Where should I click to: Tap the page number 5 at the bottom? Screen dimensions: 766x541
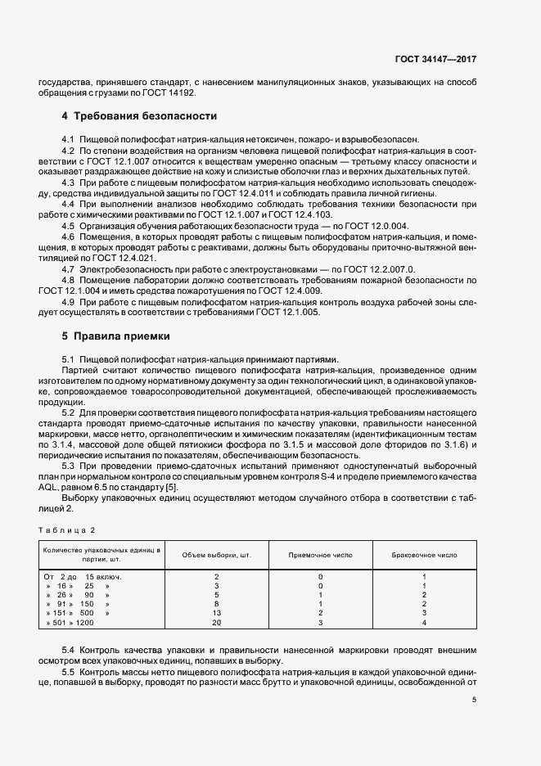[x=474, y=700]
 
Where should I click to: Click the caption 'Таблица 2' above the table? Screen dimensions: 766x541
[x=70, y=529]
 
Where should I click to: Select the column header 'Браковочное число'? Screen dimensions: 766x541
[x=425, y=554]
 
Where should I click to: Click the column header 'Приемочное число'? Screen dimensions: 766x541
[x=320, y=554]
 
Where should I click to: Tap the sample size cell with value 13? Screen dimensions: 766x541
[x=216, y=612]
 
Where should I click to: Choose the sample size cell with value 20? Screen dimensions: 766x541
[x=216, y=624]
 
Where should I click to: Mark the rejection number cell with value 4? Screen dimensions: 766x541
[x=425, y=624]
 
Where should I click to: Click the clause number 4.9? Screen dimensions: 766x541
[x=70, y=301]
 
